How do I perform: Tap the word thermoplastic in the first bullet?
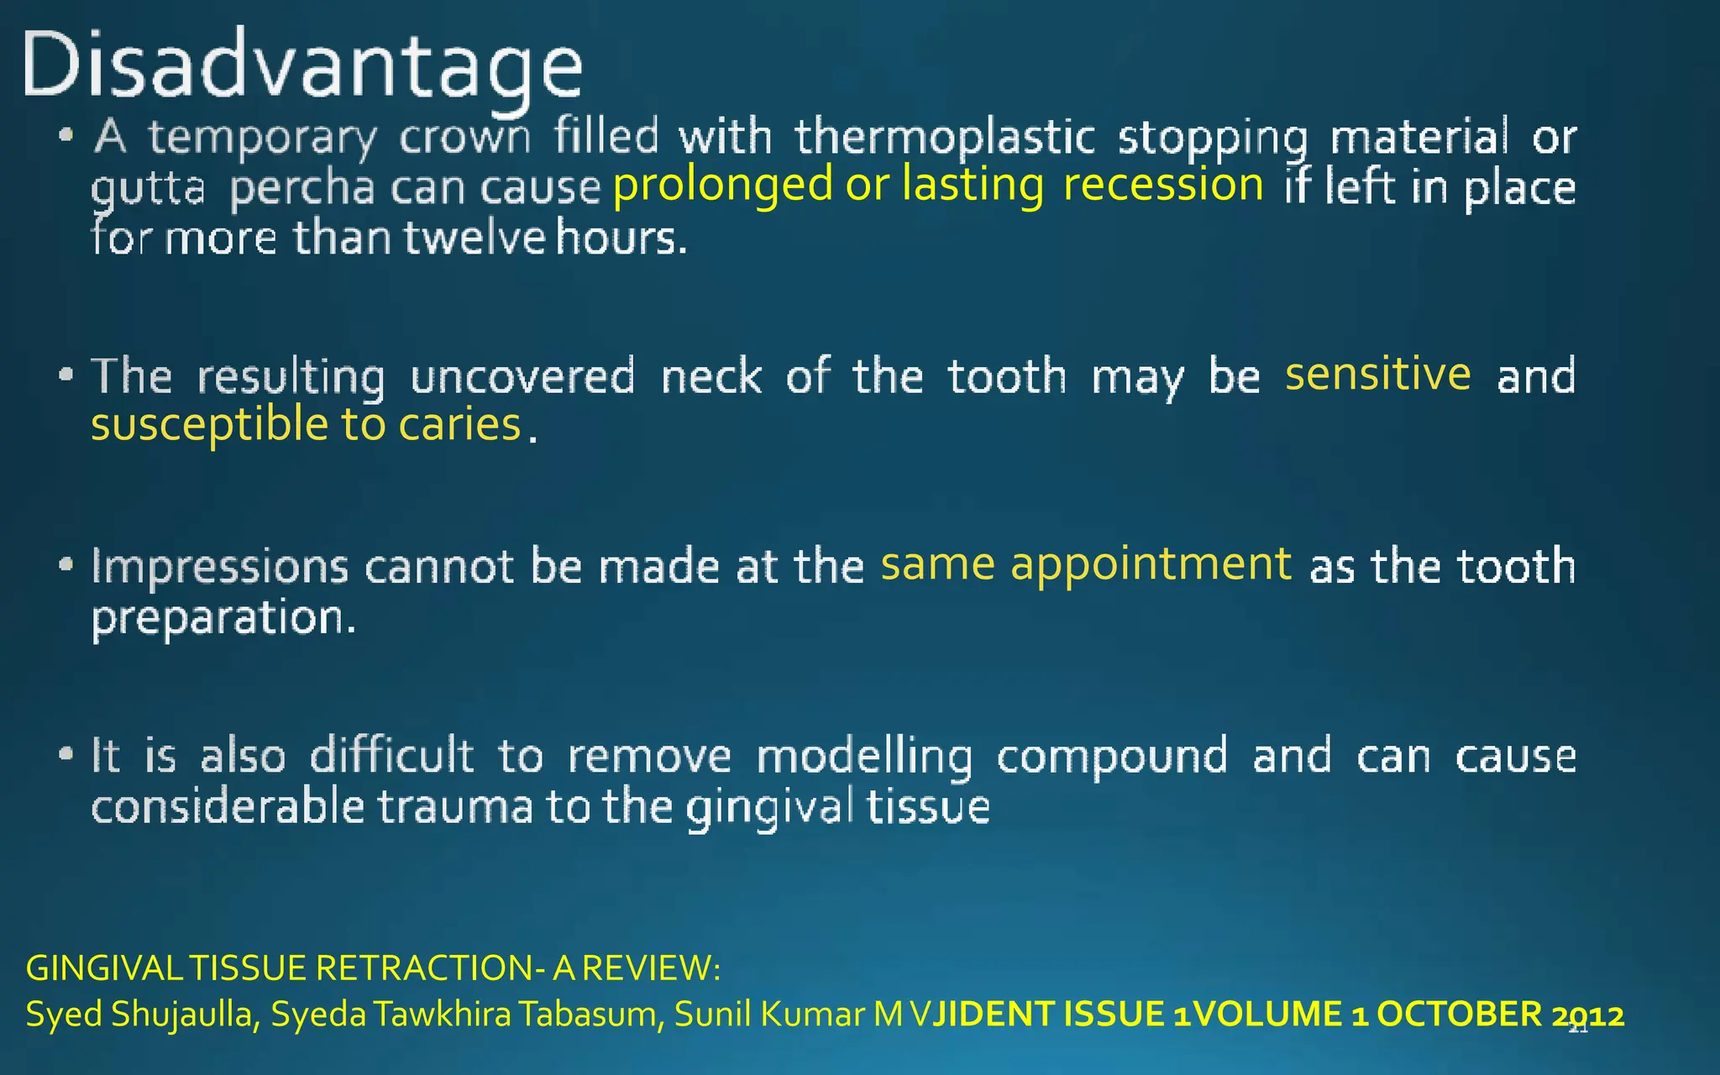click(x=946, y=138)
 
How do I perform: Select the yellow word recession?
click(x=1163, y=185)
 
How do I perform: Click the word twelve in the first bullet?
click(x=475, y=239)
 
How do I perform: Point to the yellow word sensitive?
click(x=1377, y=375)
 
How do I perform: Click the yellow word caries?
click(x=459, y=425)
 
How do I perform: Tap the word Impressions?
click(x=220, y=567)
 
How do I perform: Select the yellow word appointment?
click(x=1151, y=564)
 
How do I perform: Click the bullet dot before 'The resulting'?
click(x=67, y=375)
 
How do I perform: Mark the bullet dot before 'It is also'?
click(x=67, y=754)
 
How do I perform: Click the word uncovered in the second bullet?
click(x=522, y=376)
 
